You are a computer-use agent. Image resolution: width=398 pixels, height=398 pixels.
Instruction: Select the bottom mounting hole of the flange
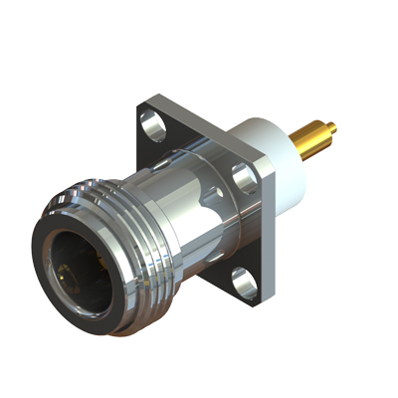click(244, 282)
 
